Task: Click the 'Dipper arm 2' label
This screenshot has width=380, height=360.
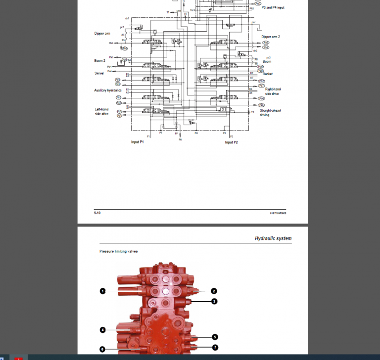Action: pyautogui.click(x=271, y=37)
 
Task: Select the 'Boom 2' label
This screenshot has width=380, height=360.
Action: pyautogui.click(x=100, y=60)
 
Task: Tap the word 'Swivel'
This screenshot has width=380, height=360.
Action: pyautogui.click(x=99, y=73)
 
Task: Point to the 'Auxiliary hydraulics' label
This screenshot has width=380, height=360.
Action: pyautogui.click(x=108, y=90)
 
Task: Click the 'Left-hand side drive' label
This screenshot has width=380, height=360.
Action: pyautogui.click(x=101, y=111)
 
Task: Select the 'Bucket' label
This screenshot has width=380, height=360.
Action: pyautogui.click(x=268, y=74)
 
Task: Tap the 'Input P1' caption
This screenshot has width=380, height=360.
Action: pyautogui.click(x=137, y=142)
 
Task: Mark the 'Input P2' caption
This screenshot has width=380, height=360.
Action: pyautogui.click(x=232, y=142)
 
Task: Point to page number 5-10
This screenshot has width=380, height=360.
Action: pyautogui.click(x=97, y=213)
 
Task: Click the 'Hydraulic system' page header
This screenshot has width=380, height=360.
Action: pyautogui.click(x=273, y=238)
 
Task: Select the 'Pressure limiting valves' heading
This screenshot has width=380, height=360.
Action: pyautogui.click(x=118, y=251)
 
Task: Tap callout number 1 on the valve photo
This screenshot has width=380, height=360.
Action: pyautogui.click(x=102, y=291)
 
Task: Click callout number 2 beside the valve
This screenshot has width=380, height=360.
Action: pyautogui.click(x=214, y=291)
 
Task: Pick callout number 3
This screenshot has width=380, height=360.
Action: pyautogui.click(x=214, y=301)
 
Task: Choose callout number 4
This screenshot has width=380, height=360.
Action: pyautogui.click(x=102, y=329)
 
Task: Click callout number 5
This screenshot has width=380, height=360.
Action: pyautogui.click(x=215, y=337)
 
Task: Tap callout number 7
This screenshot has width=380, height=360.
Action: pyautogui.click(x=215, y=347)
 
